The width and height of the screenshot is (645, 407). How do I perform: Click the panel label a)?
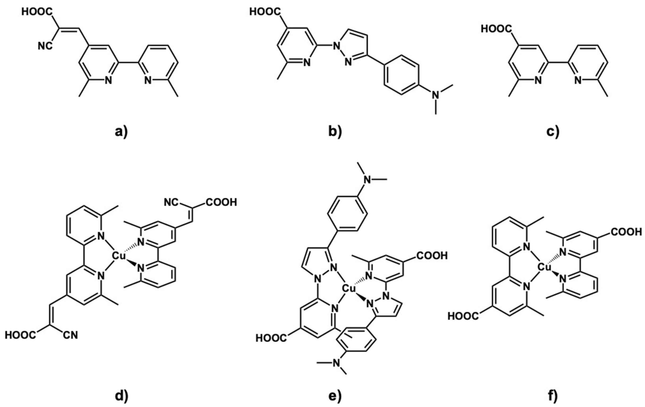pyautogui.click(x=121, y=132)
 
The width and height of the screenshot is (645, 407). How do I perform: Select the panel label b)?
pyautogui.click(x=335, y=132)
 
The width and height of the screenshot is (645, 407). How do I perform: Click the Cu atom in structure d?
pyautogui.click(x=119, y=256)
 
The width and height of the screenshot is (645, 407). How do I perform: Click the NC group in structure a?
pyautogui.click(x=45, y=46)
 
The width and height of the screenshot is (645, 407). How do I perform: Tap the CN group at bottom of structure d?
pyautogui.click(x=71, y=335)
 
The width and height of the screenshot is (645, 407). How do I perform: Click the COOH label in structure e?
pyautogui.click(x=431, y=255)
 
